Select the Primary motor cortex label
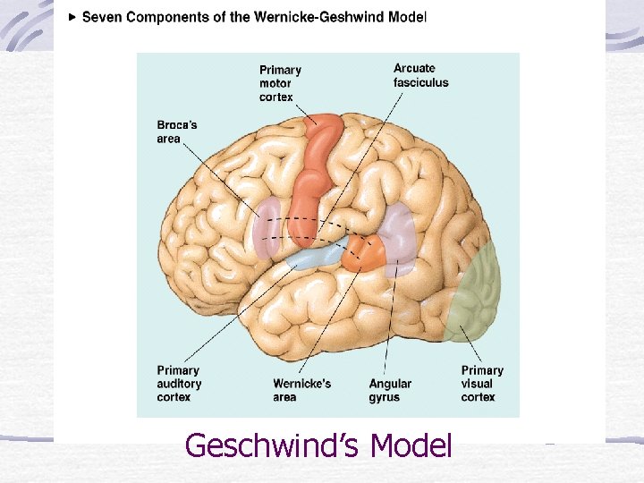(x=280, y=83)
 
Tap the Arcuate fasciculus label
(x=420, y=76)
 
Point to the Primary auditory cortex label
(x=179, y=384)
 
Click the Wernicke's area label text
(x=301, y=390)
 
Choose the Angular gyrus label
(x=391, y=390)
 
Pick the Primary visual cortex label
(x=482, y=384)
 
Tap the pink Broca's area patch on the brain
(x=266, y=228)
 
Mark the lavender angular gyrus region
(x=398, y=237)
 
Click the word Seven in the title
(x=102, y=17)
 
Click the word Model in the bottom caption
(x=411, y=445)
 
